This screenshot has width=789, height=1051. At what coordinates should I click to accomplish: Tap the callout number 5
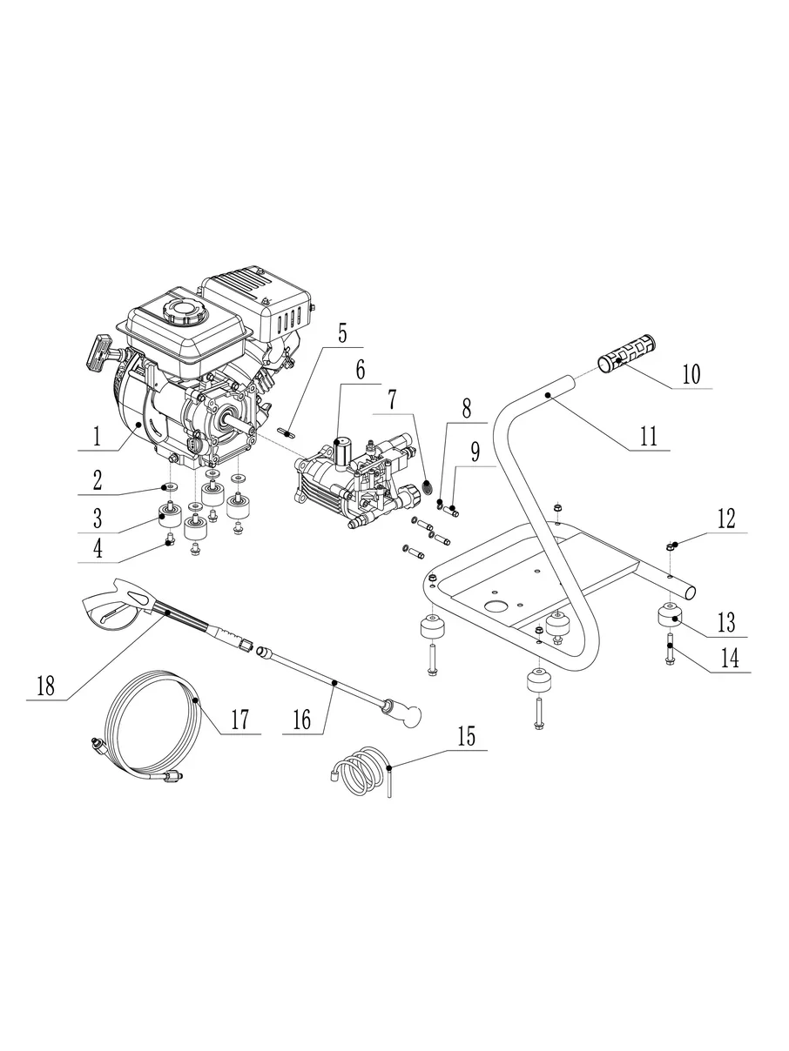click(342, 331)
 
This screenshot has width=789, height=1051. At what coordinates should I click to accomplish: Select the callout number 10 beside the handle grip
click(691, 375)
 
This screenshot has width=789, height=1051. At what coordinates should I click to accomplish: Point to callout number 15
click(467, 737)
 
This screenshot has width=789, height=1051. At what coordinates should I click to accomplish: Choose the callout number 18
click(45, 685)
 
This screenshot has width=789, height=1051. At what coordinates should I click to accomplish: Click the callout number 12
click(726, 519)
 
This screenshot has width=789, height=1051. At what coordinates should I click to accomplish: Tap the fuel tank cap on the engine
click(182, 310)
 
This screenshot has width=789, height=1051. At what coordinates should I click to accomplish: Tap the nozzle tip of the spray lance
click(409, 716)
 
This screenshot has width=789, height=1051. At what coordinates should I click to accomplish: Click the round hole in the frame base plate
click(496, 606)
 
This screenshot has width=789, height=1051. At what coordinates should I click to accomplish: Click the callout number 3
click(98, 519)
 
